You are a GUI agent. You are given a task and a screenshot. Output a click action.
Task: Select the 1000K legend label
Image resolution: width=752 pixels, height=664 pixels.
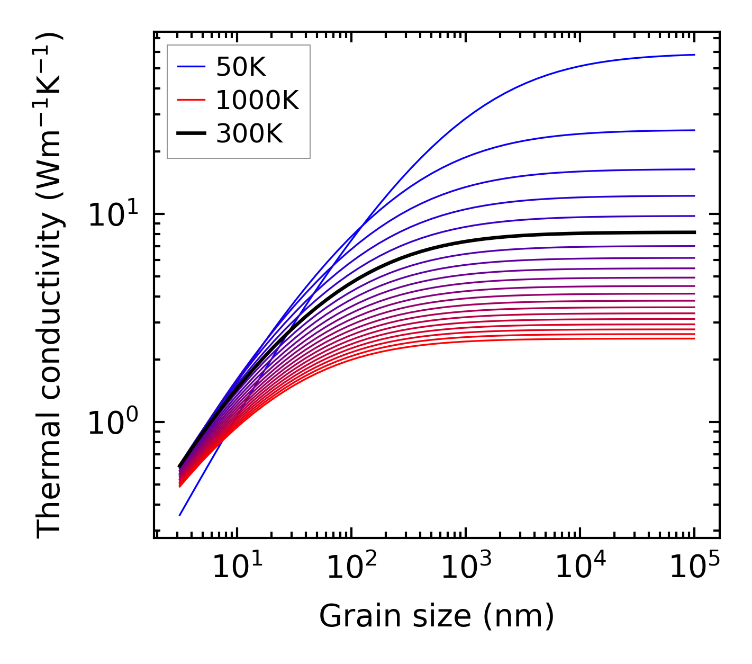(x=257, y=100)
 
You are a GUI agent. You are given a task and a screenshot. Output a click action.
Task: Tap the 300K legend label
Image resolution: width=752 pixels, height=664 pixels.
(x=249, y=134)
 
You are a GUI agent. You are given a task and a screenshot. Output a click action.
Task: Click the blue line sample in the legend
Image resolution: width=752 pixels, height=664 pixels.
(x=191, y=67)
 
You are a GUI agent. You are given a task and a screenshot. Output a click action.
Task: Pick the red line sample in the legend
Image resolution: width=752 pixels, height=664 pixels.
(x=191, y=100)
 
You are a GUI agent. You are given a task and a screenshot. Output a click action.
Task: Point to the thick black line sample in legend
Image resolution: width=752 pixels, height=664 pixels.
(x=191, y=134)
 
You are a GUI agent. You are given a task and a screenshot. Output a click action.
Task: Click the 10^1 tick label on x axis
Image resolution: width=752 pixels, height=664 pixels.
(x=236, y=568)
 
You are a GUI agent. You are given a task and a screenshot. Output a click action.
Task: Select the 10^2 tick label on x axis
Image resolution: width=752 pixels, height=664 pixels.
(x=350, y=568)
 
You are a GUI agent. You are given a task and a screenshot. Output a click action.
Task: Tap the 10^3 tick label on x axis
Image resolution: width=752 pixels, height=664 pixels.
(x=465, y=568)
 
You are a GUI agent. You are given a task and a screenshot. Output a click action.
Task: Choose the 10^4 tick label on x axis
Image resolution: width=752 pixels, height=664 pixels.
(x=579, y=568)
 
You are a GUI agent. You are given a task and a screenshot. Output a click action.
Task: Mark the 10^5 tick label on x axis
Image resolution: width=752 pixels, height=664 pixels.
(x=694, y=568)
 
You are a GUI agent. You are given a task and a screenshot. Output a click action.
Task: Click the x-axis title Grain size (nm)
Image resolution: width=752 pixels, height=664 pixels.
(x=437, y=616)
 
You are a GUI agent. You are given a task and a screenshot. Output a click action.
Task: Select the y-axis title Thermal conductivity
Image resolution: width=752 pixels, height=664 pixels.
(x=50, y=286)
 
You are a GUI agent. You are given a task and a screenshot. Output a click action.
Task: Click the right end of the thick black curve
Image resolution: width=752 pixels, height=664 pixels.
(x=694, y=232)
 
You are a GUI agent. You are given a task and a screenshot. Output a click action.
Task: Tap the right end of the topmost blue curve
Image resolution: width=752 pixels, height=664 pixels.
(x=694, y=55)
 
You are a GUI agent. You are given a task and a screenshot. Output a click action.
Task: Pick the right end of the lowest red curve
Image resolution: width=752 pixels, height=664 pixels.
(x=694, y=338)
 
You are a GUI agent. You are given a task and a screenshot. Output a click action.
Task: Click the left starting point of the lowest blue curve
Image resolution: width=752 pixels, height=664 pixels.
(x=180, y=515)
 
